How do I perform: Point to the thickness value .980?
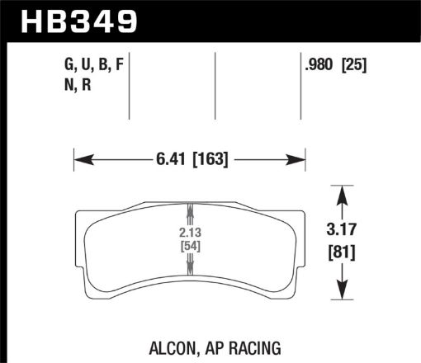[x=320, y=63]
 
